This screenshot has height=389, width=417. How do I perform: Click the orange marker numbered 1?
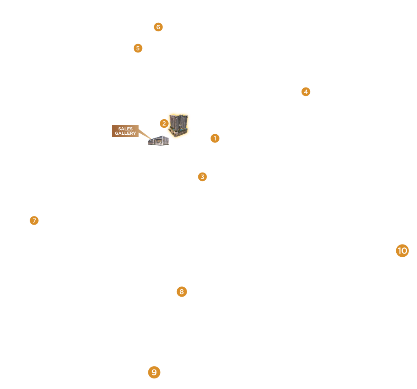pyautogui.click(x=215, y=138)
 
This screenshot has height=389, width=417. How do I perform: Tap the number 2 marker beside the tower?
pyautogui.click(x=164, y=123)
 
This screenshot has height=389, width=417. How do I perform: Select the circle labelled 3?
pyautogui.click(x=202, y=177)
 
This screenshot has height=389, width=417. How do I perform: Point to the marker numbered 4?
pyautogui.click(x=306, y=92)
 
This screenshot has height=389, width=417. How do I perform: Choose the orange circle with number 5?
pyautogui.click(x=138, y=48)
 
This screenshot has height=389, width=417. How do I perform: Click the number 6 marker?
pyautogui.click(x=158, y=27)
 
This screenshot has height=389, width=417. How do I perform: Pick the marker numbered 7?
pyautogui.click(x=34, y=221)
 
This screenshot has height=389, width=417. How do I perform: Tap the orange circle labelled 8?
pyautogui.click(x=182, y=292)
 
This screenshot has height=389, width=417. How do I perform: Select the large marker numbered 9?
pyautogui.click(x=154, y=372)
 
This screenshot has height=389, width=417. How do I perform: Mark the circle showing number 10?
pyautogui.click(x=402, y=251)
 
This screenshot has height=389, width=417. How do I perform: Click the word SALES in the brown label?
pyautogui.click(x=125, y=129)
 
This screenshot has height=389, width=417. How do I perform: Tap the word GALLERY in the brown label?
pyautogui.click(x=125, y=133)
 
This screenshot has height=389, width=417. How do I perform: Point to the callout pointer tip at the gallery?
pyautogui.click(x=151, y=138)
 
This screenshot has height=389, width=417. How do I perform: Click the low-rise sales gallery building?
pyautogui.click(x=159, y=141)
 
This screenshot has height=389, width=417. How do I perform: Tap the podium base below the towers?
pyautogui.click(x=179, y=132)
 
